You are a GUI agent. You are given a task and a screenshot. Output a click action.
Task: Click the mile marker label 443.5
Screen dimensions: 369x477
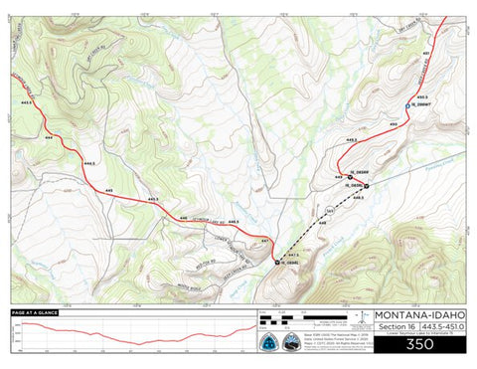[27, 102]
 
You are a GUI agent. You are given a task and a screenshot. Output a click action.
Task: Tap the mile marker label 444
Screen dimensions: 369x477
[48, 136]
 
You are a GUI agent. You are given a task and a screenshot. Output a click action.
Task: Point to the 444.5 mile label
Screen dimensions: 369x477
[89, 162]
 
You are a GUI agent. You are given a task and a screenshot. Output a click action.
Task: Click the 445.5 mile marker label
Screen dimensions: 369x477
[152, 199]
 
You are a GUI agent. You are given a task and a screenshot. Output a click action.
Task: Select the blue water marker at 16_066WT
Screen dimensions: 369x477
[407, 104]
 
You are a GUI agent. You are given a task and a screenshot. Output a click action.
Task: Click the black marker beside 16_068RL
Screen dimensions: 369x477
[276, 262]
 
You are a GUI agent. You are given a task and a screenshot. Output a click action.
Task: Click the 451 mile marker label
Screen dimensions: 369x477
[426, 51]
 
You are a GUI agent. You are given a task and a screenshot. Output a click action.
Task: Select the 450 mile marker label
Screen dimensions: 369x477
[394, 122]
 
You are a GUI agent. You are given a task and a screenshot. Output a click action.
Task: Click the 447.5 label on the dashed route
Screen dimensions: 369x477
[293, 255]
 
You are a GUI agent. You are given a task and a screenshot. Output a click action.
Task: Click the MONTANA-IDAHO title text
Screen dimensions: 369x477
[418, 317]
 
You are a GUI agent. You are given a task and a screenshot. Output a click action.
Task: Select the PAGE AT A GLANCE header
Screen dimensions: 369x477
[35, 313]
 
